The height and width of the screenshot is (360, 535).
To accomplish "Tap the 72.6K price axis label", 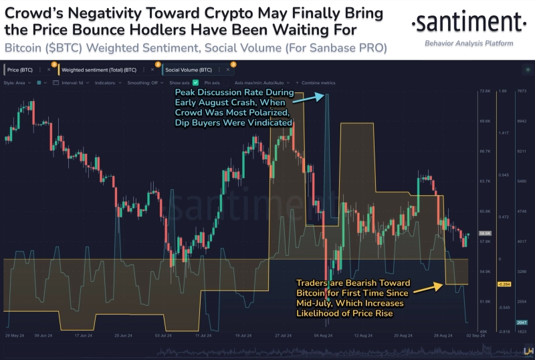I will [x=484, y=90].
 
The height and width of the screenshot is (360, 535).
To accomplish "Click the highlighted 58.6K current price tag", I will [x=486, y=233].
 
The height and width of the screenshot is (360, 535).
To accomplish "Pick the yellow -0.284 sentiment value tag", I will [x=504, y=284].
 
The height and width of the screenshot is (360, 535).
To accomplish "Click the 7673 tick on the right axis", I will [x=523, y=90].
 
